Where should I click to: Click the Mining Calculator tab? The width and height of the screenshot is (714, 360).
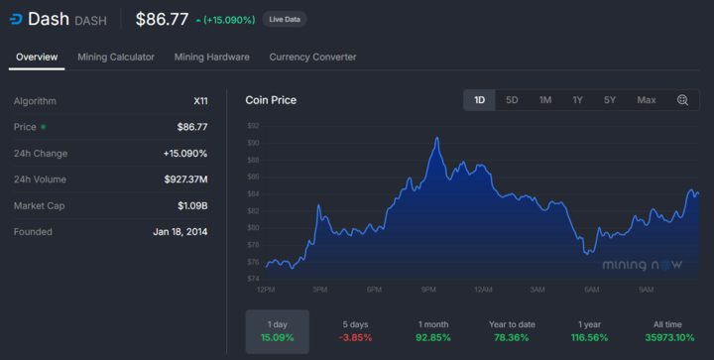tap(116, 58)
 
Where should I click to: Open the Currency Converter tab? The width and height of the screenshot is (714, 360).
tap(312, 58)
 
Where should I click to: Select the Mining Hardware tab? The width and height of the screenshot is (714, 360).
tap(211, 58)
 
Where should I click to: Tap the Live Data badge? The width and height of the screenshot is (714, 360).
tap(285, 19)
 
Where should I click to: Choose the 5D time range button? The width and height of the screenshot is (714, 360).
tap(512, 100)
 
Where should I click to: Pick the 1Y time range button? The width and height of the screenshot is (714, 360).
tap(577, 100)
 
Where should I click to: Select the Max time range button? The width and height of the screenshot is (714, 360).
tap(646, 100)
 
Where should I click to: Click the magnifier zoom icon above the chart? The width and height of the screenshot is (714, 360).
tap(683, 100)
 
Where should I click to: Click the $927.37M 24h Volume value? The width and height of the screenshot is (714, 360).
tap(185, 180)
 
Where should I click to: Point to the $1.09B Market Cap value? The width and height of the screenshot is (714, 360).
tap(192, 205)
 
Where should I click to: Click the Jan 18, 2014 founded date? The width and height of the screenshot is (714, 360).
tap(180, 232)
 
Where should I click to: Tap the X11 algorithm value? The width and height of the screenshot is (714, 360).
tap(199, 101)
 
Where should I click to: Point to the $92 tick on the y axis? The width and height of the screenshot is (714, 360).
tap(253, 126)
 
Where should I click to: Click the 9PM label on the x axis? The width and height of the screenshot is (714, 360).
tap(429, 290)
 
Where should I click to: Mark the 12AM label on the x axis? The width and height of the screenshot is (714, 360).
tap(484, 290)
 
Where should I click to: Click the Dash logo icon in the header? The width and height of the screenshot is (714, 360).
tap(15, 19)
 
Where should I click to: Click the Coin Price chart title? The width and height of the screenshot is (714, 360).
tap(271, 100)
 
